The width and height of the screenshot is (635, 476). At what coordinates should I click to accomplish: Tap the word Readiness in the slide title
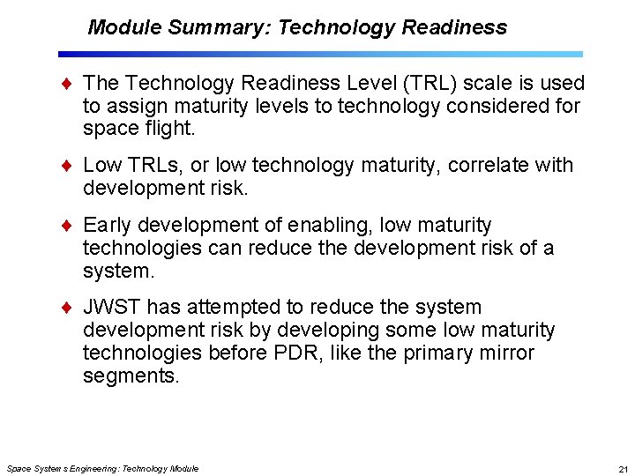(454, 27)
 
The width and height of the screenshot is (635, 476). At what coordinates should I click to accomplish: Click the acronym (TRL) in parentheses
(425, 83)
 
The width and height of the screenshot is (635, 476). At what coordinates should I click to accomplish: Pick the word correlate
(487, 165)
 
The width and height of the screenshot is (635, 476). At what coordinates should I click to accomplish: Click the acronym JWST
(112, 307)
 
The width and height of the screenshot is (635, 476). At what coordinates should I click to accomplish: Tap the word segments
(131, 376)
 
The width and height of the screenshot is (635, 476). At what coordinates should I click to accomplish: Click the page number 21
(623, 469)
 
